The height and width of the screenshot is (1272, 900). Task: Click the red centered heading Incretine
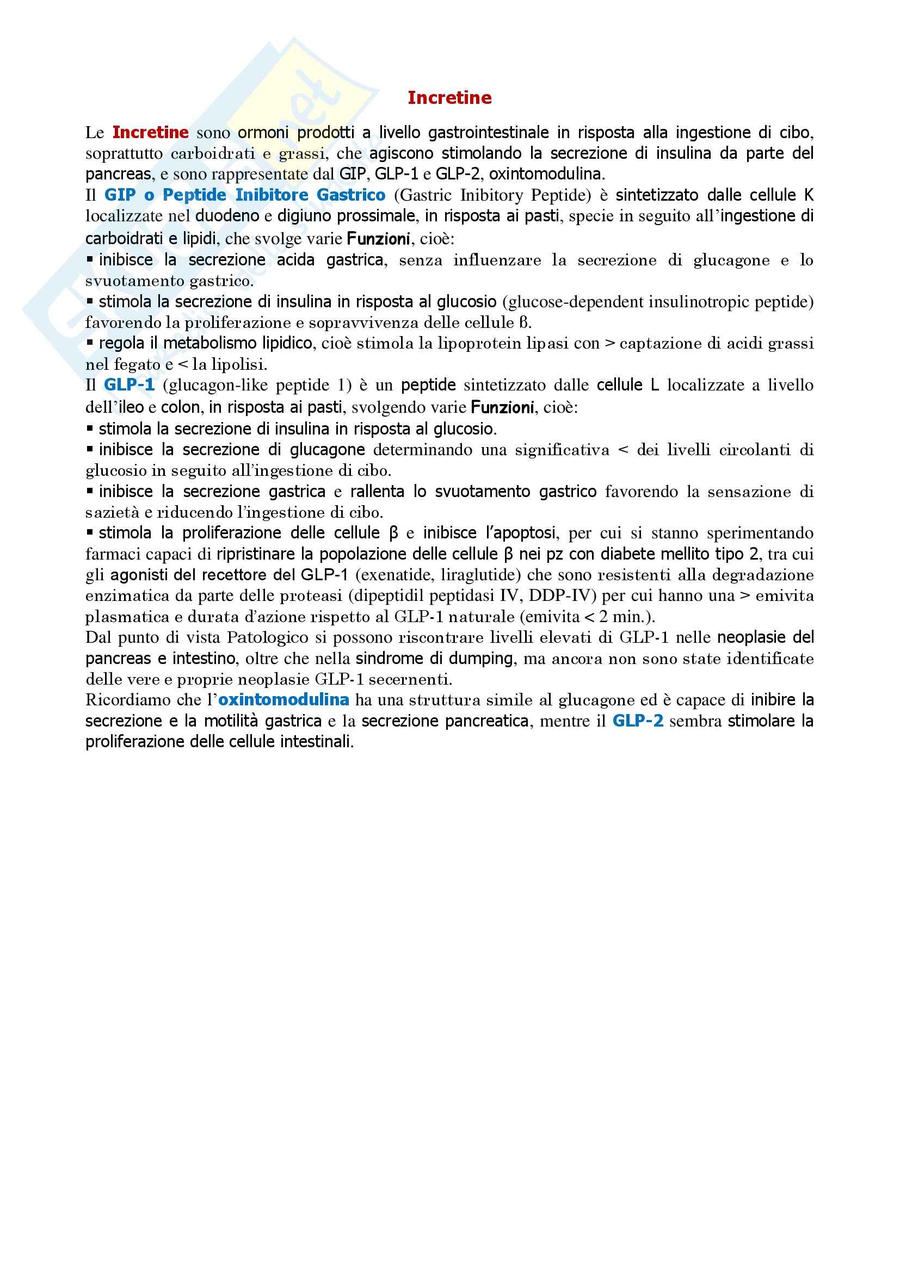click(x=449, y=97)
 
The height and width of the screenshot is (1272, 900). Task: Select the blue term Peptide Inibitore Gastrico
click(x=274, y=195)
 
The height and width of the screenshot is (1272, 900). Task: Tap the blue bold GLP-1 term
click(x=129, y=385)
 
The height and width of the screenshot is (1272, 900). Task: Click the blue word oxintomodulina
click(x=283, y=700)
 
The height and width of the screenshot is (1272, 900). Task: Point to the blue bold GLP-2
click(x=637, y=721)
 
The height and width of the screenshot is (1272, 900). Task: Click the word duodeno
click(x=227, y=216)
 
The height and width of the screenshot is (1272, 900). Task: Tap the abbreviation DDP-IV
click(x=560, y=595)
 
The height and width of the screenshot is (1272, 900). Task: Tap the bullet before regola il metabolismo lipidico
click(x=90, y=344)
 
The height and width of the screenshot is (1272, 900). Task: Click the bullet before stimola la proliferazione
click(x=90, y=533)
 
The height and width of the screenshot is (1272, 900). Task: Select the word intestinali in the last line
click(x=317, y=742)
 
